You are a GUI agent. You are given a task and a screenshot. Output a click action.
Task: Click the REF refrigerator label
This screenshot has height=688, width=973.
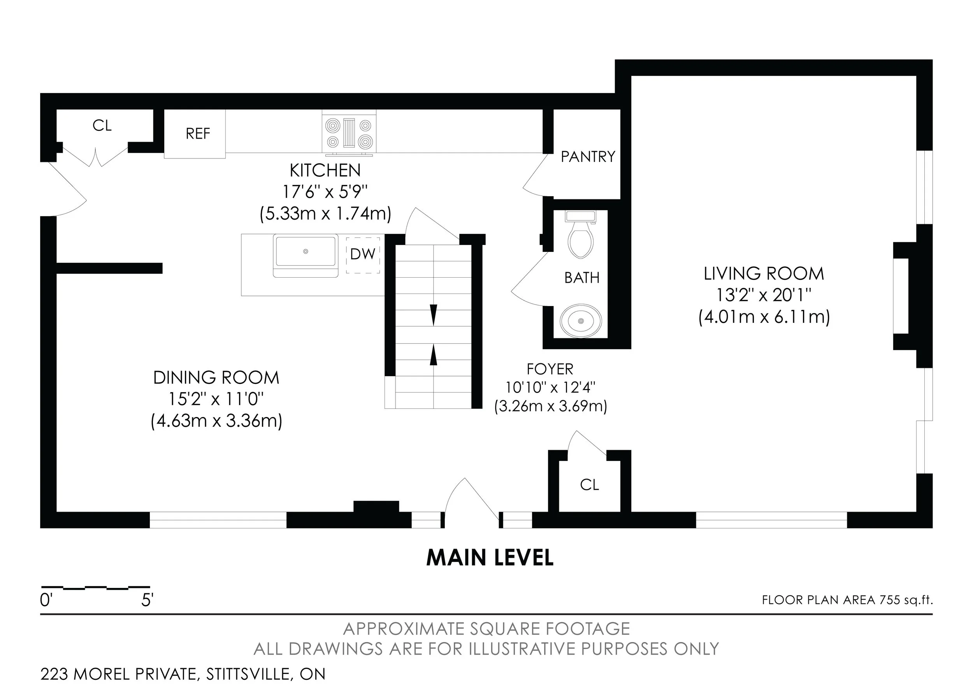pyautogui.click(x=198, y=134)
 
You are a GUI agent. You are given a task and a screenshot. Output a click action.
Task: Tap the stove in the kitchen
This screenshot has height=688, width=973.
pyautogui.click(x=349, y=133)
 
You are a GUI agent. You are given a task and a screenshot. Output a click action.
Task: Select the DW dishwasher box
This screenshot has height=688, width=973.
pyautogui.click(x=363, y=254)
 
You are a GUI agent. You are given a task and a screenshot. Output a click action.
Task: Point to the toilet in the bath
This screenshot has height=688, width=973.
pyautogui.click(x=581, y=235)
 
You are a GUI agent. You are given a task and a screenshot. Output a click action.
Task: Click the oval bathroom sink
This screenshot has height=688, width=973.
pyautogui.click(x=581, y=320)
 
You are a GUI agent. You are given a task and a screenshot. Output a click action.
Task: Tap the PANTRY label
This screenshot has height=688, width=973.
pyautogui.click(x=588, y=157)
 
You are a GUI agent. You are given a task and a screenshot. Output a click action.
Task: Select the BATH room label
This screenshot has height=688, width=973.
pyautogui.click(x=582, y=278)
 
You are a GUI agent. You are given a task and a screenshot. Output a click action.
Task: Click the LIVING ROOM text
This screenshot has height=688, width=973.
pyautogui.click(x=764, y=274)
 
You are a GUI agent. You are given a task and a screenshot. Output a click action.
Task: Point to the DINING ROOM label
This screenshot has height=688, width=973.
pyautogui.click(x=216, y=378)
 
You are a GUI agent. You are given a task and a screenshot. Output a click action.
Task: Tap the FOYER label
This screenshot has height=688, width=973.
pyautogui.click(x=550, y=369)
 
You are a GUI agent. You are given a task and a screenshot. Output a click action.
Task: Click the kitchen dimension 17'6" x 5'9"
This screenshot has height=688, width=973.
pyautogui.click(x=325, y=192)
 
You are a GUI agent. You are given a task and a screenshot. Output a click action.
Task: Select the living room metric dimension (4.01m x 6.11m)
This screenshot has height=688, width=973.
pyautogui.click(x=764, y=317)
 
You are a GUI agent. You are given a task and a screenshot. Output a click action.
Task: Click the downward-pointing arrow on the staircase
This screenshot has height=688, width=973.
pyautogui.click(x=433, y=315)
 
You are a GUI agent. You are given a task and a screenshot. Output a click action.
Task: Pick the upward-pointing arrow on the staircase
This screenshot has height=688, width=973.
pyautogui.click(x=433, y=354)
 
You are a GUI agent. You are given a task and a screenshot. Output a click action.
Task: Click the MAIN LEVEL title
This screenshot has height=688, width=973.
pyautogui.click(x=490, y=558)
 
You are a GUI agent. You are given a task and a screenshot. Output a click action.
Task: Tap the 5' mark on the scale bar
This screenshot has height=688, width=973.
pyautogui.click(x=147, y=600)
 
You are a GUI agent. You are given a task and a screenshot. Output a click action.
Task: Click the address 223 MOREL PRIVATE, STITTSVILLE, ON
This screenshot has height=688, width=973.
pyautogui.click(x=183, y=674)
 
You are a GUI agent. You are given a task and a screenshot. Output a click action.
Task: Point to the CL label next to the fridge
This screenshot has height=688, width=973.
pyautogui.click(x=102, y=125)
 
